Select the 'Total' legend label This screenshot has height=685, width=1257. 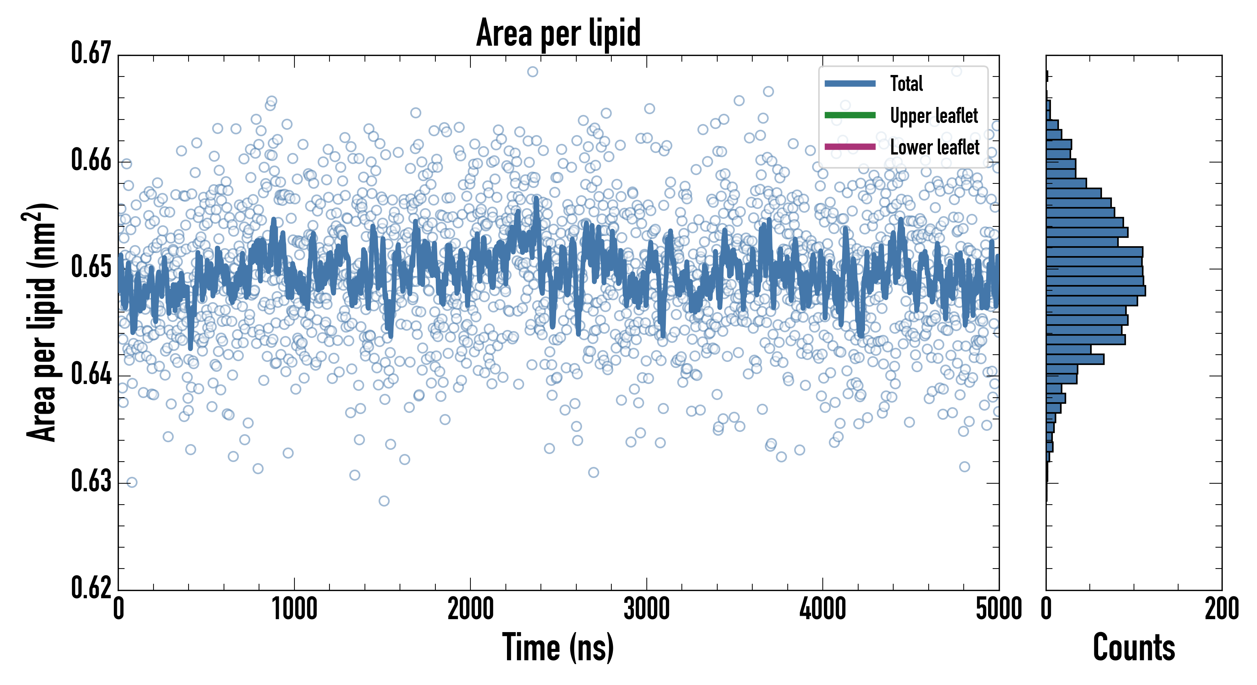(x=906, y=83)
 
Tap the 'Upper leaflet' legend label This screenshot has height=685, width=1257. (x=934, y=116)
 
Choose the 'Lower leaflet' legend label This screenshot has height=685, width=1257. (x=934, y=147)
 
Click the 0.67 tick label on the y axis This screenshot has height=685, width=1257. (x=91, y=53)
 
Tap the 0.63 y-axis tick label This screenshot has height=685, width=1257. (x=91, y=481)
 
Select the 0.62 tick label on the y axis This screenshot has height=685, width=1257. (x=91, y=588)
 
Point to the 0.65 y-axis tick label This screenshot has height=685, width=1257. (x=91, y=267)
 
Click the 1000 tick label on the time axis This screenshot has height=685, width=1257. (x=294, y=609)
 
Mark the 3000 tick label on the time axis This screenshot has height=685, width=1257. (x=646, y=609)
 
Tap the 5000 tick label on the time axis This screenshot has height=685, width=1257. (x=998, y=609)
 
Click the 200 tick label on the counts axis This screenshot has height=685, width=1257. (x=1221, y=609)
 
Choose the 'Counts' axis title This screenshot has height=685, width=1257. (x=1134, y=647)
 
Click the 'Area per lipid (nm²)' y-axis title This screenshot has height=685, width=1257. (x=42, y=322)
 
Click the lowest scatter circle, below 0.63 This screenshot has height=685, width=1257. (x=384, y=501)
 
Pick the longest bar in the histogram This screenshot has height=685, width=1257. (x=1095, y=291)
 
